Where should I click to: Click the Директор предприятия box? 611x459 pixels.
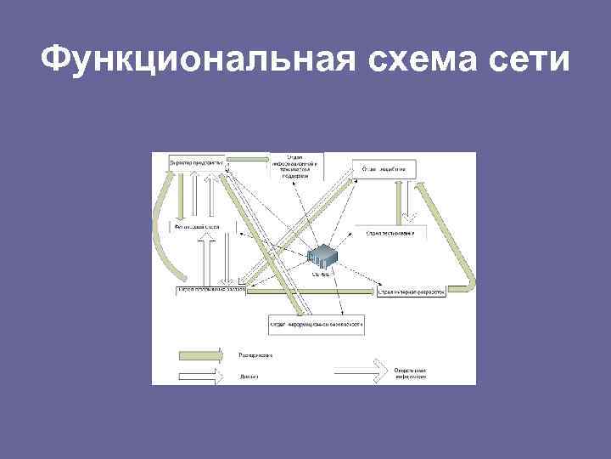click(198, 162)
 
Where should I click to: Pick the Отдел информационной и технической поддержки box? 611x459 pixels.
click(294, 167)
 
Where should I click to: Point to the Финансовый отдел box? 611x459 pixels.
click(198, 228)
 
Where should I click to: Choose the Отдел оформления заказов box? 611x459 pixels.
click(211, 290)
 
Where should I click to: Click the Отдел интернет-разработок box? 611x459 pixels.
click(410, 291)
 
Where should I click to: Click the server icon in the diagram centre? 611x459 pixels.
click(323, 256)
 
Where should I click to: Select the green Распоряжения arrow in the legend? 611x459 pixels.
click(200, 354)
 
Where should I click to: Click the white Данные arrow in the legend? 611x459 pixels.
click(200, 374)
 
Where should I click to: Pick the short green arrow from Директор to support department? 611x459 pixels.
click(247, 158)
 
